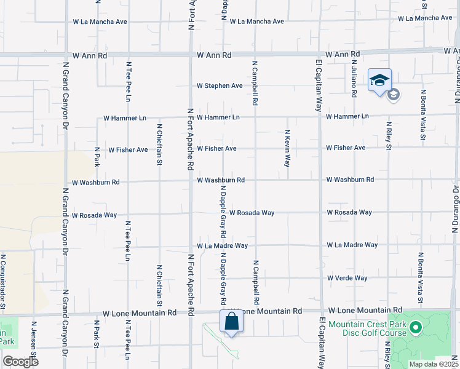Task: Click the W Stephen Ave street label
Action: coord(220,86)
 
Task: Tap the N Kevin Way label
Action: coord(287,148)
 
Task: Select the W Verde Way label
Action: coord(347,278)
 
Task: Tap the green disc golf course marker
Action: coord(415,328)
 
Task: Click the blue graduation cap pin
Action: coord(379,80)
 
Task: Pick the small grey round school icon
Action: coord(394,94)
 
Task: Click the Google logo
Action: coord(20,361)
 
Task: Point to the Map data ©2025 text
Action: coord(433,364)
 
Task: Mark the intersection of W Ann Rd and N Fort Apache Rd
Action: coord(191,54)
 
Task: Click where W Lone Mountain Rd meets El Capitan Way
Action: coord(320,311)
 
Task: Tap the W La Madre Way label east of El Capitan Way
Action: coord(352,245)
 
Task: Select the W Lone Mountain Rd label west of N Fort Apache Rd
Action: coord(140,313)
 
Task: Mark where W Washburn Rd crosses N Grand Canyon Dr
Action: coord(65,182)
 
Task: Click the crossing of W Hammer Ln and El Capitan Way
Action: coord(320,116)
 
